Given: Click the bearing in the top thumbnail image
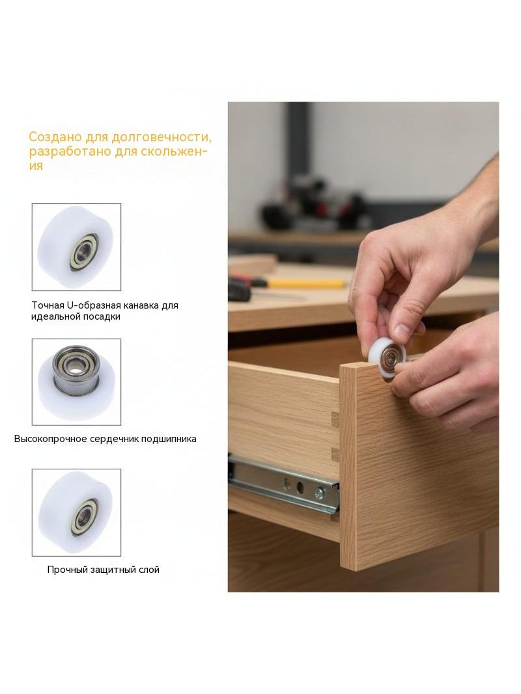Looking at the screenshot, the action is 83,252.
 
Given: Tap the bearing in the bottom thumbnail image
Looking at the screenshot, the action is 83,516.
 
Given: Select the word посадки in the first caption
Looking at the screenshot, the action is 104,317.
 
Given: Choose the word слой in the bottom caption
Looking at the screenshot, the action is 150,570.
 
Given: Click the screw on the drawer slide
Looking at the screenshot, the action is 318,493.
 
